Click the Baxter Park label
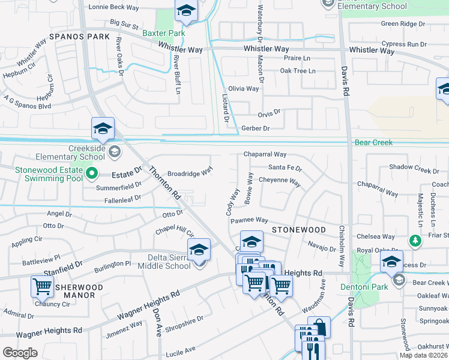tap(164, 33)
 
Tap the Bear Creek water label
tap(373, 143)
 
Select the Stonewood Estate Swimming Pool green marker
tap(91, 174)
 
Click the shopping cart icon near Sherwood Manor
tap(42, 287)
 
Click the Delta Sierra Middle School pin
tap(199, 250)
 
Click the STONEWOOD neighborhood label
tap(298, 230)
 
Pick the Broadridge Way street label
tap(190, 172)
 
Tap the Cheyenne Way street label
tap(280, 180)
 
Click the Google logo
tap(20, 353)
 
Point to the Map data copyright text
tap(424, 355)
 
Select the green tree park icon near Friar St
tap(414, 241)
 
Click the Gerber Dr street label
tap(255, 128)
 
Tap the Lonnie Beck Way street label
tap(113, 8)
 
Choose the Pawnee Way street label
tap(249, 221)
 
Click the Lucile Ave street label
tap(181, 350)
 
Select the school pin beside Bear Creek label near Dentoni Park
tap(391, 262)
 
